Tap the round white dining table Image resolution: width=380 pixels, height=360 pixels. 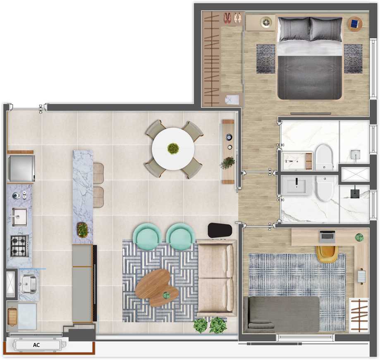tap(173, 148)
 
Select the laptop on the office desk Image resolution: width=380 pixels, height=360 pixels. tap(327, 237)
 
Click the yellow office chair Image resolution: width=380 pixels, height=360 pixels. tap(327, 253)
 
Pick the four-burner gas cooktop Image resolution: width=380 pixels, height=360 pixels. tap(19, 245)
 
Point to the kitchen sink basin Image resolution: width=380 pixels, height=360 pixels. tap(19, 216)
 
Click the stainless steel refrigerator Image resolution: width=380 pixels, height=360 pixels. tap(21, 168)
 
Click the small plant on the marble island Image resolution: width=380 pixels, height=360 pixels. tap(83, 230)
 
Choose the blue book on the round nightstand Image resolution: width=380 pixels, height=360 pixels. tap(354, 24)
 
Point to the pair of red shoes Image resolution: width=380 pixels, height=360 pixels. tap(227, 18)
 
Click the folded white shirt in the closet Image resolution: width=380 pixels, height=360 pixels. tap(232, 99)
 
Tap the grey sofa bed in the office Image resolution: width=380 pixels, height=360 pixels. tap(281, 314)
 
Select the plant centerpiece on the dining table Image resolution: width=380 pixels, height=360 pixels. tap(173, 148)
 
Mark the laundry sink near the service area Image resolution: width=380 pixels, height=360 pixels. tap(29, 283)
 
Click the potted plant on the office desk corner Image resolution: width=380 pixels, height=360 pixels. tap(359, 238)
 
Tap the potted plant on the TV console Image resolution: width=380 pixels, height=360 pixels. tap(227, 163)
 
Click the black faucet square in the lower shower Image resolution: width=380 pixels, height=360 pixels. tap(355, 192)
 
